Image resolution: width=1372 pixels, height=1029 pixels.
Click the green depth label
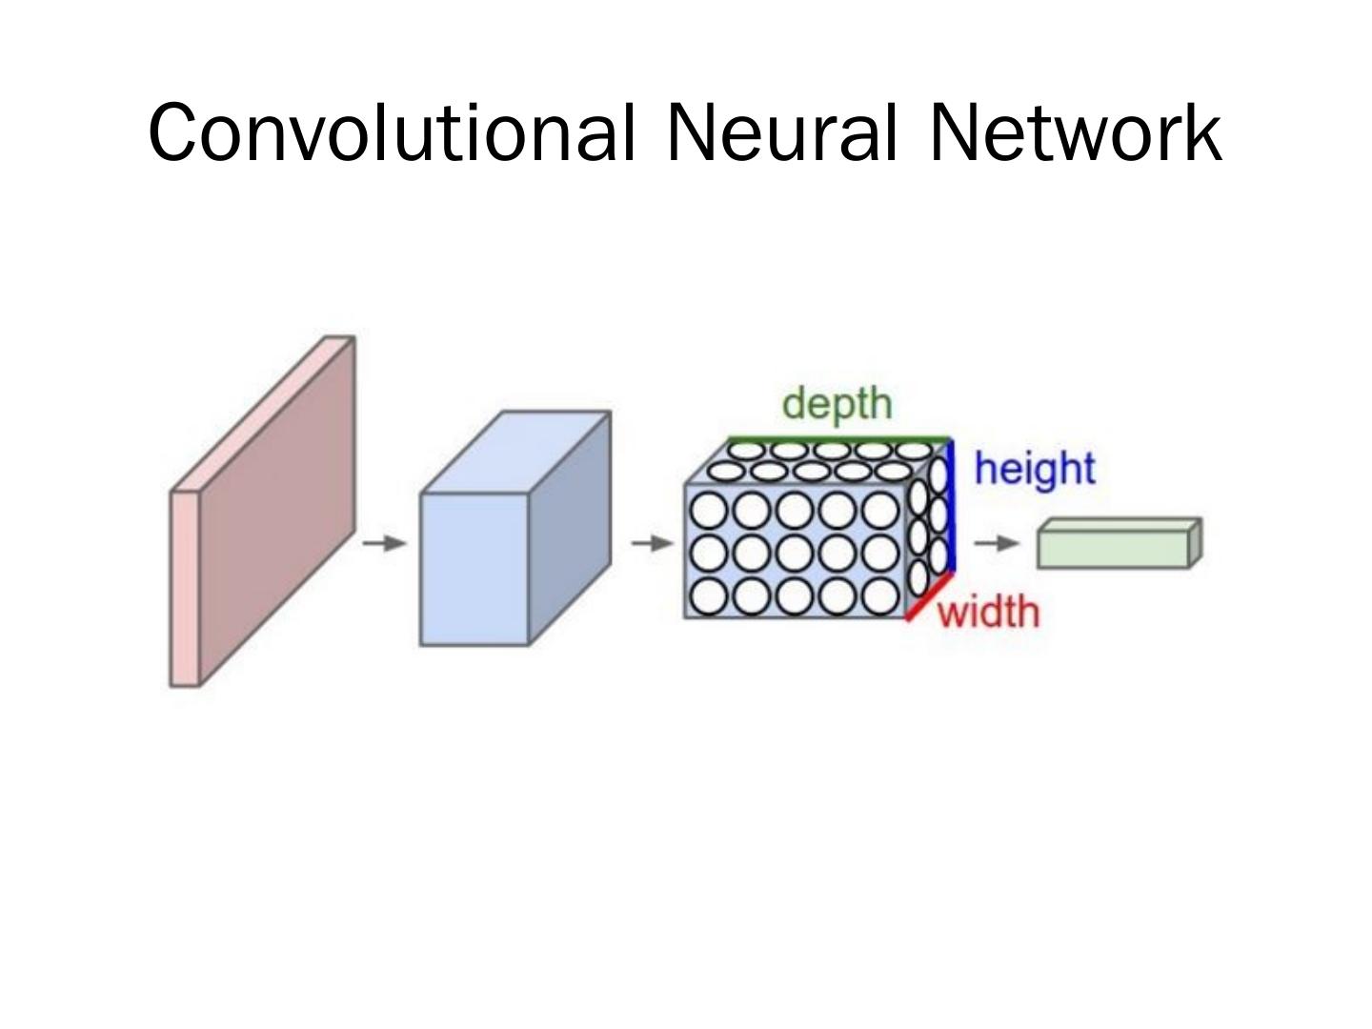point(837,404)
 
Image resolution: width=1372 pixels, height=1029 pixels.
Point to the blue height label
point(1035,469)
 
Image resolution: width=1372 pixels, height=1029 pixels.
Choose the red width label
point(988,612)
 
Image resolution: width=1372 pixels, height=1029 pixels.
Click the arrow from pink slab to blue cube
point(384,543)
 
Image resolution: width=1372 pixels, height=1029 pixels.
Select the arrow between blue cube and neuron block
point(653,543)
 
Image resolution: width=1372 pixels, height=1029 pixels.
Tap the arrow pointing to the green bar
point(997,543)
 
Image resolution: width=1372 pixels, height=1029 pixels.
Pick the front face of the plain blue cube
point(474,569)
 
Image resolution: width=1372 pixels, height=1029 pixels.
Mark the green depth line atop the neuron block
point(838,439)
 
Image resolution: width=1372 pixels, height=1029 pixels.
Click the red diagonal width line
point(929,598)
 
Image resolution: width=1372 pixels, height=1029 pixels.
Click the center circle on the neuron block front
point(796,554)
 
